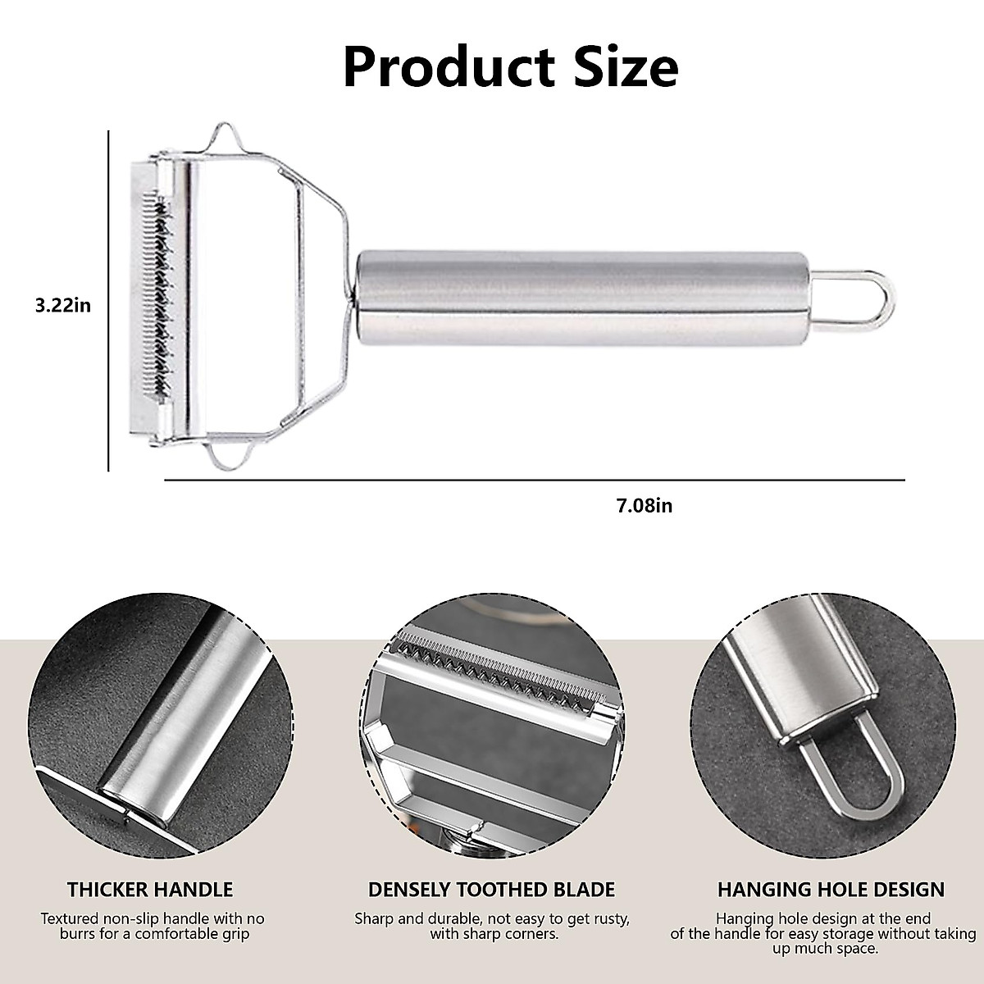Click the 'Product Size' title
[x=510, y=67]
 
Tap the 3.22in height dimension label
[x=57, y=306]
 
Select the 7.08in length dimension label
[x=644, y=506]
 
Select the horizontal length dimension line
[x=533, y=480]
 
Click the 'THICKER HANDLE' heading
[x=150, y=890]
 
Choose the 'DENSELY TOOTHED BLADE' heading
[x=491, y=890]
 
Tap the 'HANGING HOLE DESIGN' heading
[x=831, y=890]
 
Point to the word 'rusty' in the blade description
[x=609, y=919]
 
